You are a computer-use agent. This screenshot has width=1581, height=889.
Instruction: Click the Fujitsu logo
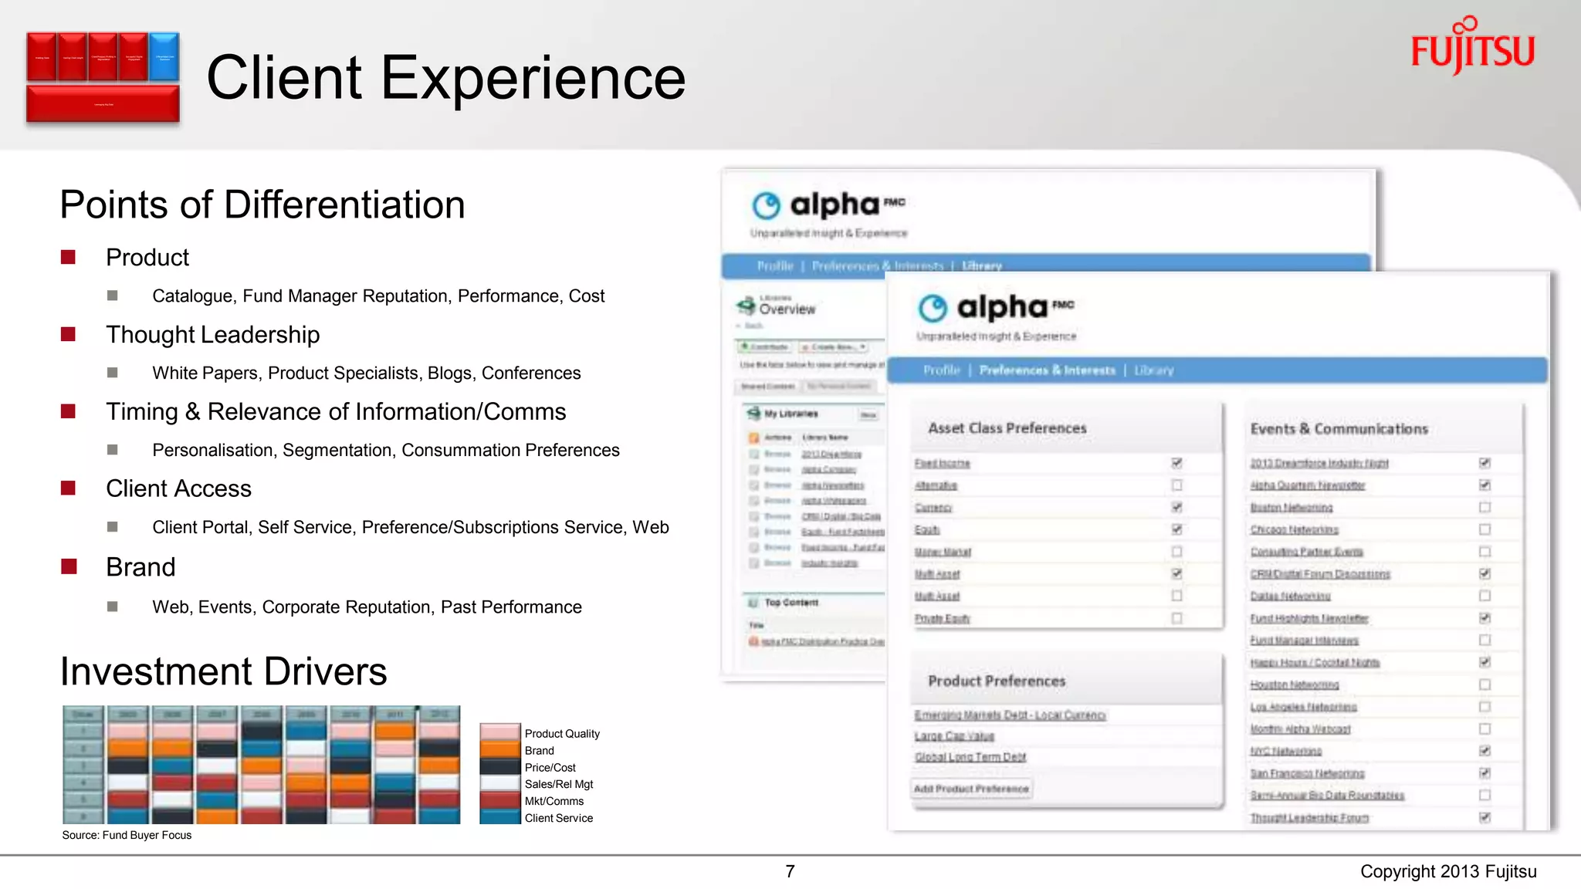(1472, 48)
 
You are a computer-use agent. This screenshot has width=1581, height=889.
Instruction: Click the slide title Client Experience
(445, 78)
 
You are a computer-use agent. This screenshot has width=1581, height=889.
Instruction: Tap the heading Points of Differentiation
(262, 205)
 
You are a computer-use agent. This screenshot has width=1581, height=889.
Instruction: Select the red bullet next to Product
(69, 257)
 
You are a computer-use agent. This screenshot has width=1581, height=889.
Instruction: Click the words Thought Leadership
(212, 335)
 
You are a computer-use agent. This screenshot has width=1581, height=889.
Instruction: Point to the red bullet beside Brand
(69, 567)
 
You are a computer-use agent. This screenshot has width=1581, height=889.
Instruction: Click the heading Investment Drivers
(224, 671)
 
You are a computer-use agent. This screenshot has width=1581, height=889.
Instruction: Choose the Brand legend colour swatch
(499, 750)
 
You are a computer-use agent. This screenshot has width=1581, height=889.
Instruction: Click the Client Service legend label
(559, 818)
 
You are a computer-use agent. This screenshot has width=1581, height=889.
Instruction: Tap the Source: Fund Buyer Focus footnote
(127, 835)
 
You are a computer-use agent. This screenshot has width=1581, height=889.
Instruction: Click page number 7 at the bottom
(790, 872)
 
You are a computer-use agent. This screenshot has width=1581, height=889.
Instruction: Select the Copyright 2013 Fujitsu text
(1448, 872)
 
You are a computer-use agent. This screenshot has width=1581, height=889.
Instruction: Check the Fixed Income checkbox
(1176, 463)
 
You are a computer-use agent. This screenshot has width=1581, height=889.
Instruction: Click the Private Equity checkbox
(1176, 618)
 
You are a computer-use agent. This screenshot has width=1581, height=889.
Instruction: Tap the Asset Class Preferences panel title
(1007, 428)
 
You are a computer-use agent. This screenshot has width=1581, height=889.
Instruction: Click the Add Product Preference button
(971, 789)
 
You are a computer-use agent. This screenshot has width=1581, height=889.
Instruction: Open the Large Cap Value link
(954, 736)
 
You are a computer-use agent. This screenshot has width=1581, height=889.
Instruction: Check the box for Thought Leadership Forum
(1485, 817)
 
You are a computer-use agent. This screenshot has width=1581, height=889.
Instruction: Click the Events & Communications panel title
(1339, 429)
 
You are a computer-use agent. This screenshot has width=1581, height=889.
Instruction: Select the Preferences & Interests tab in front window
(1047, 370)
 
